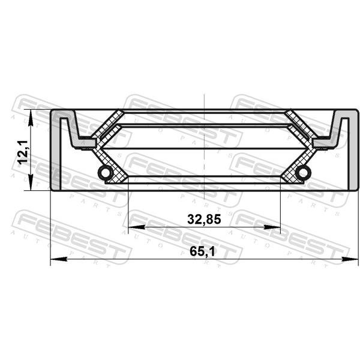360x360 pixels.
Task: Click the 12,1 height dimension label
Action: tap(23, 152)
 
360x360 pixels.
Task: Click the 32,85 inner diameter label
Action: tap(204, 219)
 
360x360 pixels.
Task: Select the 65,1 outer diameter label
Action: tap(202, 252)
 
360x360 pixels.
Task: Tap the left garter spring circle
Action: tap(106, 172)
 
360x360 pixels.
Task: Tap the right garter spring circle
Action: tap(303, 172)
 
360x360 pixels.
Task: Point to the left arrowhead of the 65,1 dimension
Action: tap(59, 259)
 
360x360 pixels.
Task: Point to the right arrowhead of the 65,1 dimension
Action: tap(350, 259)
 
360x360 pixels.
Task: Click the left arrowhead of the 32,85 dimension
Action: tap(137, 227)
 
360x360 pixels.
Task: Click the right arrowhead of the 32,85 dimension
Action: tap(272, 227)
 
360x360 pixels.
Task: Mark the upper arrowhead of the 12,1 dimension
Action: tap(31, 118)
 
